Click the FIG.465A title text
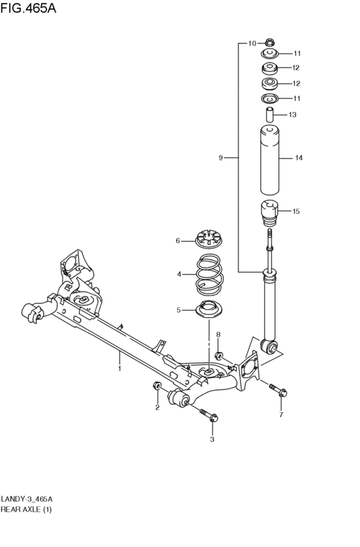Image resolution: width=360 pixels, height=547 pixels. [28, 8]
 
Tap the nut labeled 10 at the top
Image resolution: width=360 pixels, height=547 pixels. [269, 42]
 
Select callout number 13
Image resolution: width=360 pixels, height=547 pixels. [292, 114]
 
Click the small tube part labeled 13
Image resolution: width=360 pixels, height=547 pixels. [269, 115]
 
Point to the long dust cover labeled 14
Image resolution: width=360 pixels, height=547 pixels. [269, 159]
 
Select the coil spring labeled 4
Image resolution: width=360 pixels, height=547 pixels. [208, 274]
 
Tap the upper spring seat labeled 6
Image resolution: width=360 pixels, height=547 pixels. [208, 240]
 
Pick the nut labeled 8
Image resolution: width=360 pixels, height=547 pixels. [219, 356]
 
